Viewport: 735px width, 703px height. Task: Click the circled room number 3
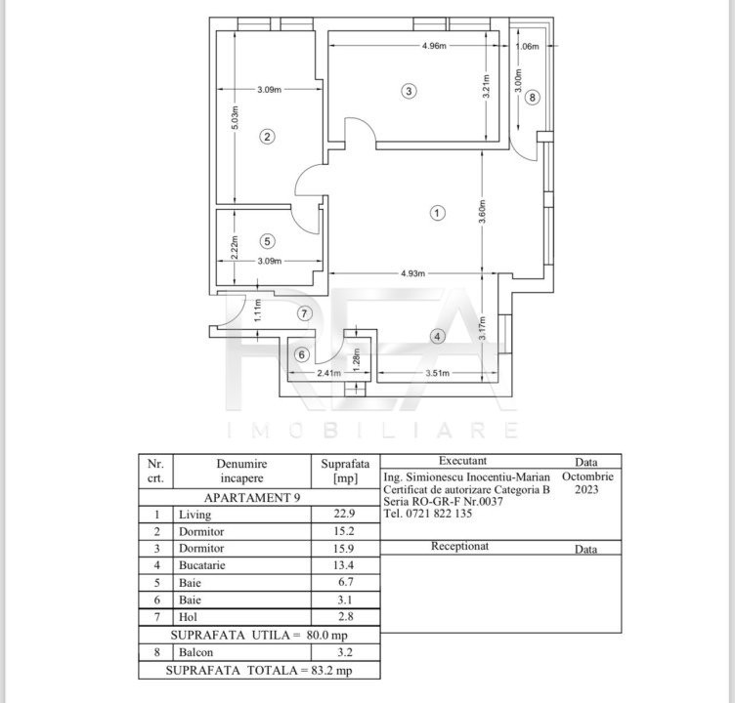pyautogui.click(x=409, y=91)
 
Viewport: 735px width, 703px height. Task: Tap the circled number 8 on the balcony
pyautogui.click(x=532, y=98)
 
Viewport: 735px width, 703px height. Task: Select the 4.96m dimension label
pyautogui.click(x=434, y=46)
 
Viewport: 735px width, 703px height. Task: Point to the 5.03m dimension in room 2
pyautogui.click(x=236, y=118)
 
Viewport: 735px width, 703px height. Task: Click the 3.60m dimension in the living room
pyautogui.click(x=483, y=212)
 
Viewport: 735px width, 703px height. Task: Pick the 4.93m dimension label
pyautogui.click(x=413, y=273)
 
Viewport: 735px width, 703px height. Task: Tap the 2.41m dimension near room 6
pyautogui.click(x=329, y=373)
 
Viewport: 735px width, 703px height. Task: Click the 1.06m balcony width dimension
pyautogui.click(x=528, y=46)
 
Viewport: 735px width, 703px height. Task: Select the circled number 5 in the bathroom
pyautogui.click(x=267, y=242)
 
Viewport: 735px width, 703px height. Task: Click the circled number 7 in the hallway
pyautogui.click(x=305, y=313)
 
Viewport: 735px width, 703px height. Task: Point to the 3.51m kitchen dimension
pyautogui.click(x=437, y=373)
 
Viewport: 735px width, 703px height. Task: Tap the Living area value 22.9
pyautogui.click(x=344, y=514)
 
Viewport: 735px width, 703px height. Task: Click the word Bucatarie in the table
pyautogui.click(x=202, y=565)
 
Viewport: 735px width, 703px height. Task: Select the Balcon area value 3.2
pyautogui.click(x=345, y=652)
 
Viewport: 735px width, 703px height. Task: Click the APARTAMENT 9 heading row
pyautogui.click(x=252, y=497)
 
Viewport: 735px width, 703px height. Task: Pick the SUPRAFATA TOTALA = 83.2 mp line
pyautogui.click(x=259, y=670)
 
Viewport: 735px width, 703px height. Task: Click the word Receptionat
pyautogui.click(x=459, y=546)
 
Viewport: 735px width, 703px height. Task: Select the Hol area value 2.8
pyautogui.click(x=345, y=617)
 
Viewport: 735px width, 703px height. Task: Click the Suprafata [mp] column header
pyautogui.click(x=345, y=472)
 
